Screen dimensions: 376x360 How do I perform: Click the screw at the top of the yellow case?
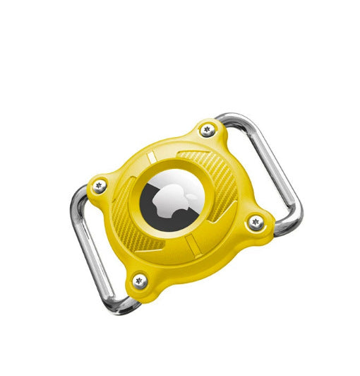click(208, 129)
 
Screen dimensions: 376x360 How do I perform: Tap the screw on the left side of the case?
click(98, 186)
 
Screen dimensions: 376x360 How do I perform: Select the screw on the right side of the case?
click(255, 223)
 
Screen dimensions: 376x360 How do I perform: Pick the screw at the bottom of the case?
click(140, 280)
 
